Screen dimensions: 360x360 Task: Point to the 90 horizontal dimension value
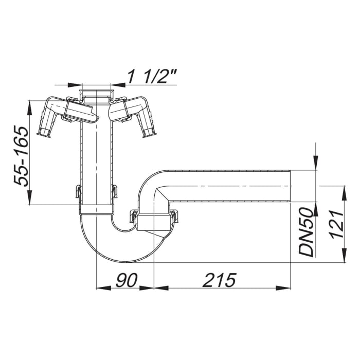point(125,280)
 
